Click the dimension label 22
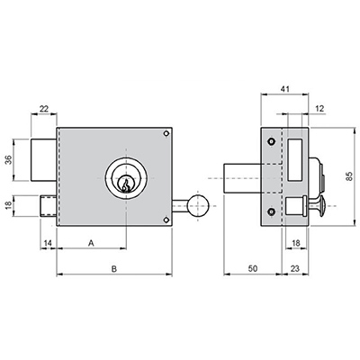pyautogui.click(x=44, y=109)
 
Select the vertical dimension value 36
pyautogui.click(x=8, y=160)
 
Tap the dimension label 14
pyautogui.click(x=48, y=243)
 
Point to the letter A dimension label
pyautogui.click(x=91, y=243)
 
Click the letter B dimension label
pyautogui.click(x=114, y=269)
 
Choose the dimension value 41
pyautogui.click(x=284, y=89)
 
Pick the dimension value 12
pyautogui.click(x=320, y=109)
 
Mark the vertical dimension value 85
pyautogui.click(x=349, y=176)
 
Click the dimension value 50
pyautogui.click(x=253, y=268)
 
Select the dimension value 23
pyautogui.click(x=295, y=268)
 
